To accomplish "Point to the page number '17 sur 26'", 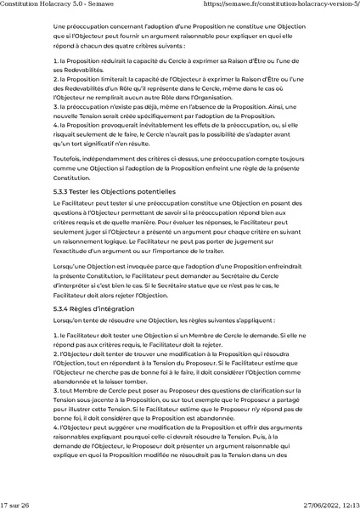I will (x=15, y=504).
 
